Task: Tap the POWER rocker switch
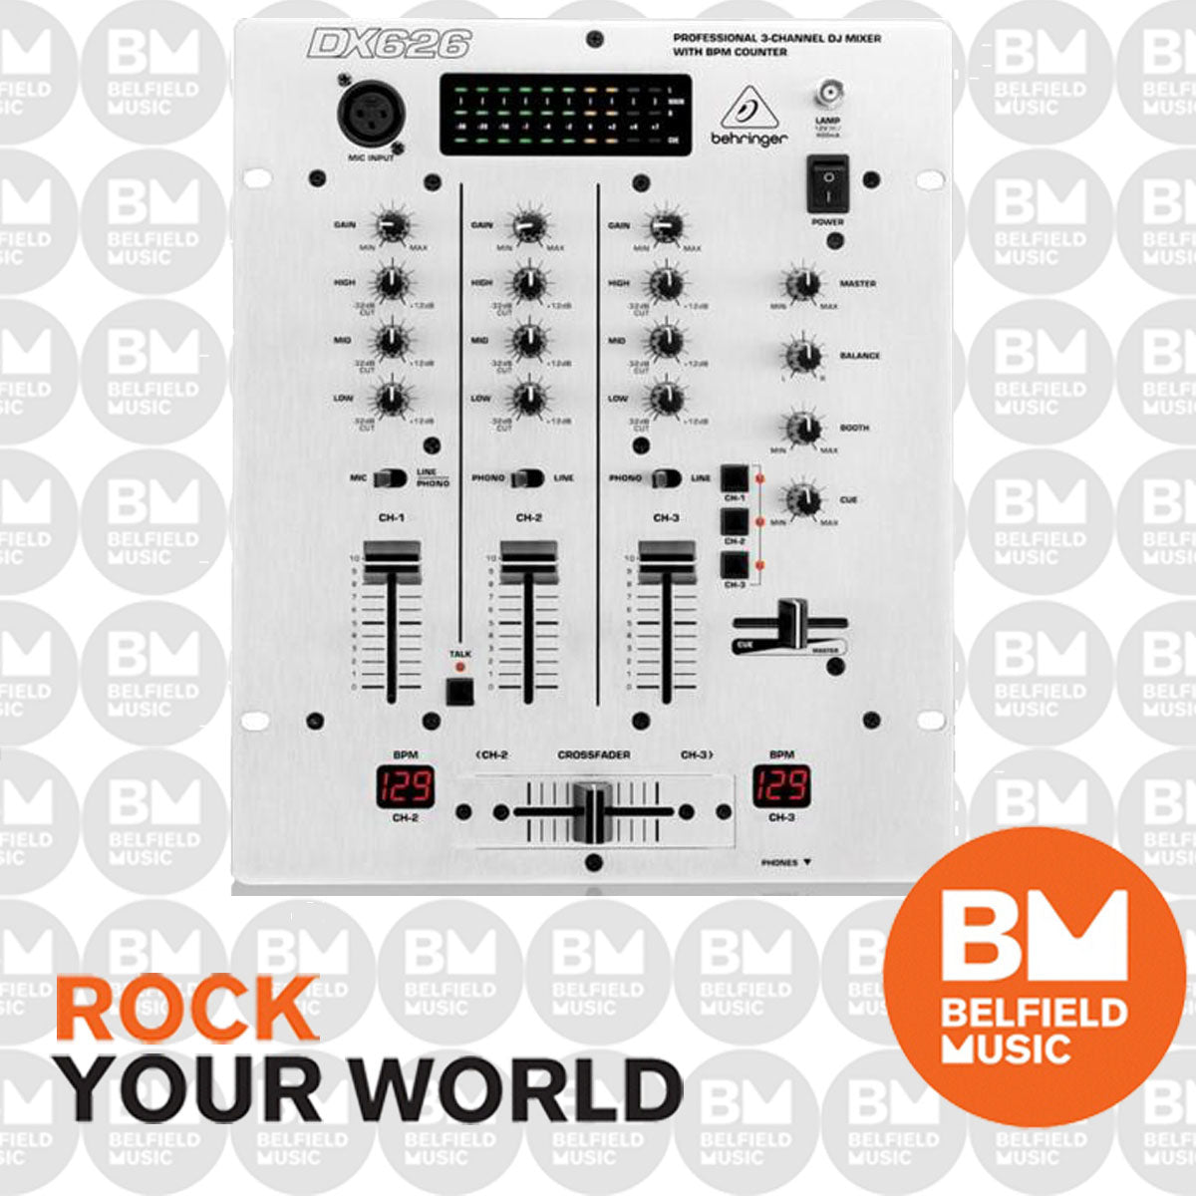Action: (827, 183)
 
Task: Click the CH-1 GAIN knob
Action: (392, 226)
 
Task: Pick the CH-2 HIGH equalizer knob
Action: (528, 283)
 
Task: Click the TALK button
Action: (459, 690)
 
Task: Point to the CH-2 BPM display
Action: (405, 787)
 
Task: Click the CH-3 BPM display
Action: (781, 787)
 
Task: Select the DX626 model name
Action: (389, 44)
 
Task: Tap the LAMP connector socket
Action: (827, 96)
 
